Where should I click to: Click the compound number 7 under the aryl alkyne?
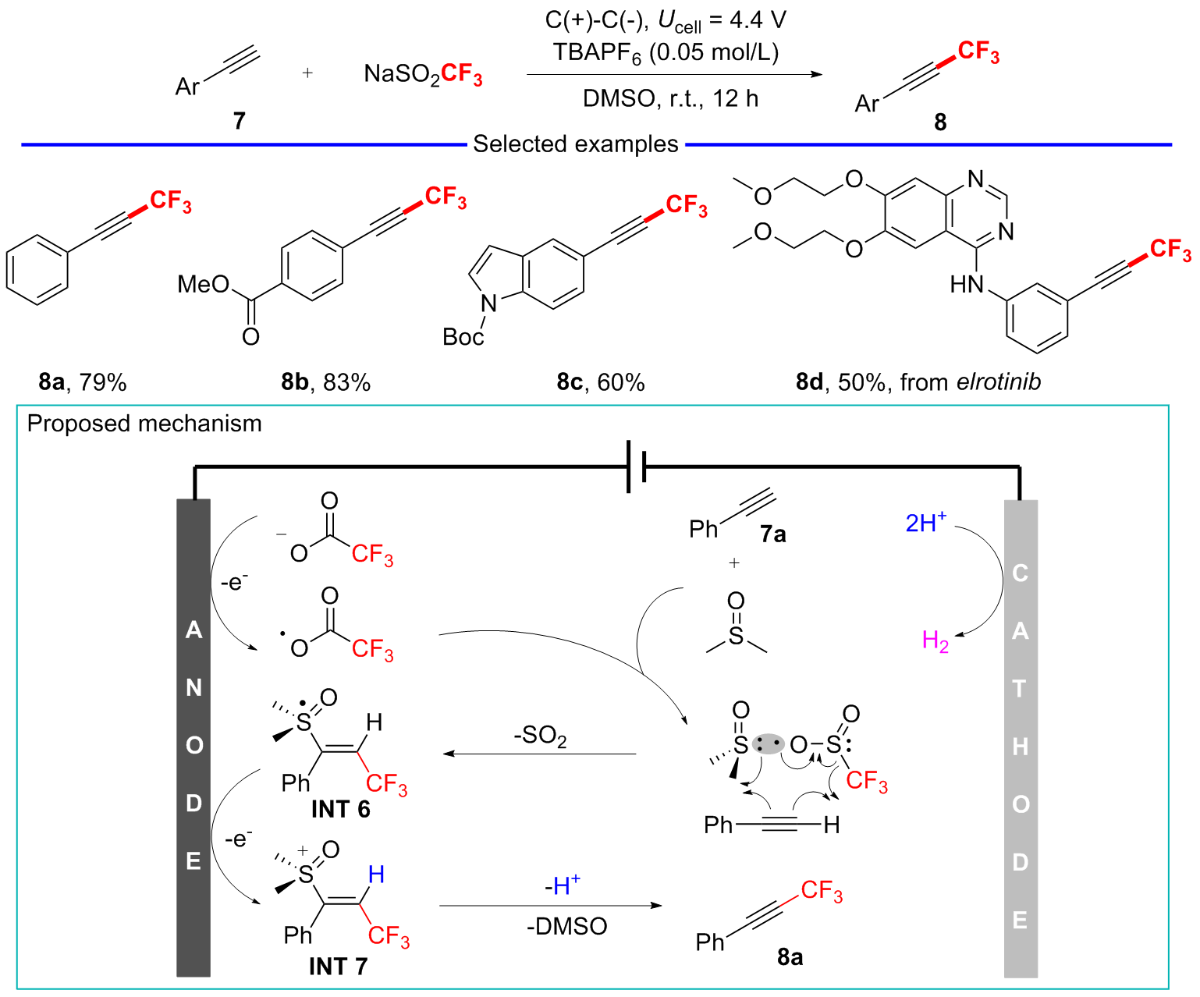239,121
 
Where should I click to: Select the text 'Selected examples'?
576,144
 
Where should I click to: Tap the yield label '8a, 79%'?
83,382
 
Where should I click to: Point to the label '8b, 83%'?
326,382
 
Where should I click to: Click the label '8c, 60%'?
601,382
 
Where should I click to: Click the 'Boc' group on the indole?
463,337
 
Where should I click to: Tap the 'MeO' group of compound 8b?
204,284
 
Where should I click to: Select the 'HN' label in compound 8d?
967,285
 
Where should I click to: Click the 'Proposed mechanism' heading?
144,424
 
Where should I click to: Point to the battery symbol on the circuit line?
637,467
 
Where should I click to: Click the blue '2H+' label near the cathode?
926,522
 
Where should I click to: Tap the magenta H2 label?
936,641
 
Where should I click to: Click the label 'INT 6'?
340,810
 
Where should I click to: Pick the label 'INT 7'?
338,967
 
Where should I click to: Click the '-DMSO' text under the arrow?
566,926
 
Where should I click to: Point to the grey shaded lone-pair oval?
769,743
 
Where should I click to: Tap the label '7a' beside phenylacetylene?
772,534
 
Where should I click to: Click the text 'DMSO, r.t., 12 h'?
670,99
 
